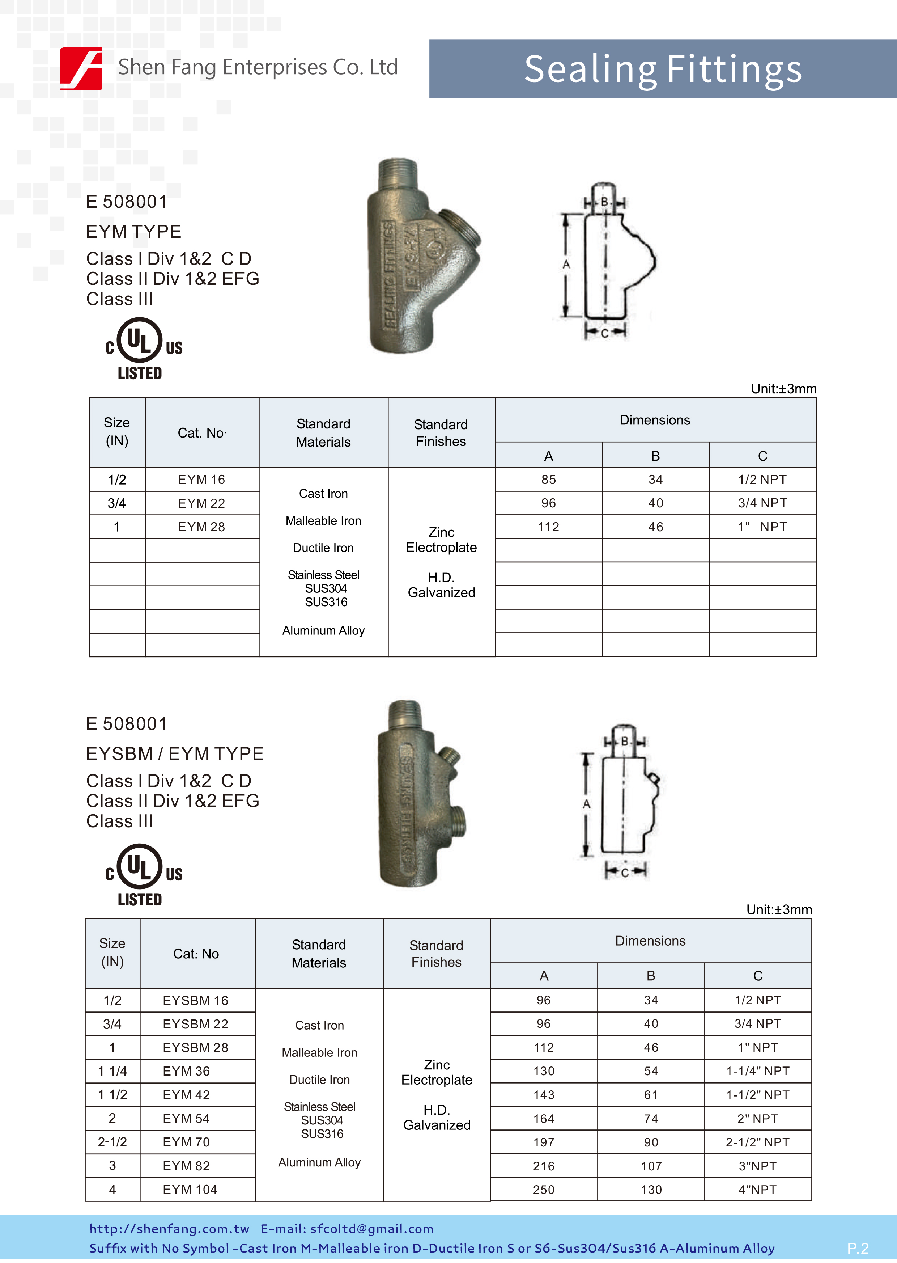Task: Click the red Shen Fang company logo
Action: pyautogui.click(x=81, y=68)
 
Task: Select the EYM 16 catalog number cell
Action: pyautogui.click(x=201, y=480)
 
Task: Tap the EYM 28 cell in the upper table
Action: pyautogui.click(x=201, y=527)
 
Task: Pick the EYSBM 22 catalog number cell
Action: pyautogui.click(x=196, y=1024)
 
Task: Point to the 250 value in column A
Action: pyautogui.click(x=544, y=1190)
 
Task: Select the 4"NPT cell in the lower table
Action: pyautogui.click(x=757, y=1190)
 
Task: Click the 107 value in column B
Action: pyautogui.click(x=651, y=1166)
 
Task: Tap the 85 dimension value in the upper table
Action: pyautogui.click(x=548, y=480)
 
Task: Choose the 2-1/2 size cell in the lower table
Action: pyautogui.click(x=112, y=1142)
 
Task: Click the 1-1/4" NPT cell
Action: pyautogui.click(x=757, y=1071)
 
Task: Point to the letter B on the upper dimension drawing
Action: pyautogui.click(x=605, y=202)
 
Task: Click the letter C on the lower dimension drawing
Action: pyautogui.click(x=625, y=873)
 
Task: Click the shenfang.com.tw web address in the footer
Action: pyautogui.click(x=169, y=1228)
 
